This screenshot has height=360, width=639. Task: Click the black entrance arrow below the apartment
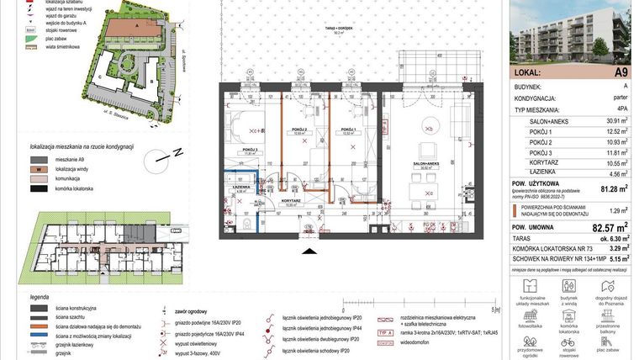(308, 251)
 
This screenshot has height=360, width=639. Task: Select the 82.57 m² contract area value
(610, 227)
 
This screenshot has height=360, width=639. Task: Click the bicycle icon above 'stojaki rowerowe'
(568, 342)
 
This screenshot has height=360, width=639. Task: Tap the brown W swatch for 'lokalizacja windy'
(38, 169)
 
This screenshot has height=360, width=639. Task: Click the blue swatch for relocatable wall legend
(37, 336)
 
